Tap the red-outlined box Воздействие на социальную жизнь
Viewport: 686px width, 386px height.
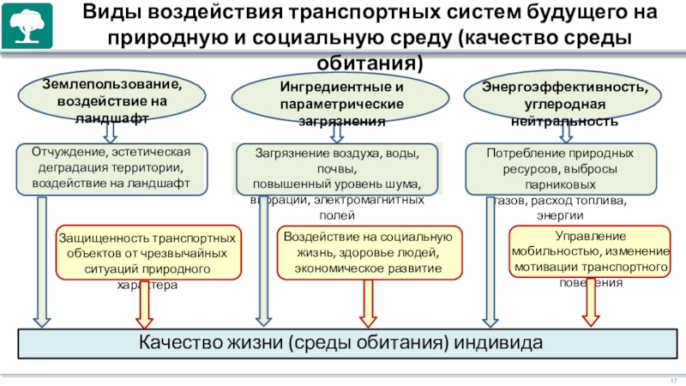click(369, 253)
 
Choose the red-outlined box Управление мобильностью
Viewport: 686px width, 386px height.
click(591, 252)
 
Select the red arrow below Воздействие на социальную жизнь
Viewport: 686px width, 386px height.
click(368, 304)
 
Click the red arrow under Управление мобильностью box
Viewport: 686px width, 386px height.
click(590, 305)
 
